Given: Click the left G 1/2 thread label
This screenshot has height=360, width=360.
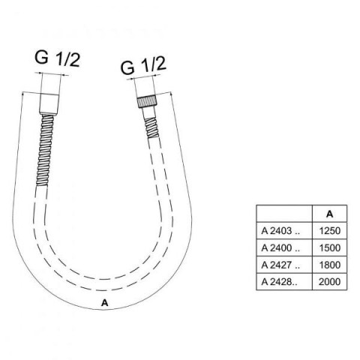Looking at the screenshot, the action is [x=57, y=58].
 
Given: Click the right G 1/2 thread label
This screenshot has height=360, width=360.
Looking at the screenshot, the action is [x=143, y=65].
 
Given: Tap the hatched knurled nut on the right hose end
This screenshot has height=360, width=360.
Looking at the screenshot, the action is [x=147, y=102].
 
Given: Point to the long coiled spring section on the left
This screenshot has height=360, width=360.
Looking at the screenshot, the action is [x=44, y=149].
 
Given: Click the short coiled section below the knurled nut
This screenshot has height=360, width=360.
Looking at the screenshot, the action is [x=152, y=127].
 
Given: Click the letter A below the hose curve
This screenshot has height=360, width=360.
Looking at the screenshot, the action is [x=104, y=303].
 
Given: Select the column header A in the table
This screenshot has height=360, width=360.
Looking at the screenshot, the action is [x=330, y=214].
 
